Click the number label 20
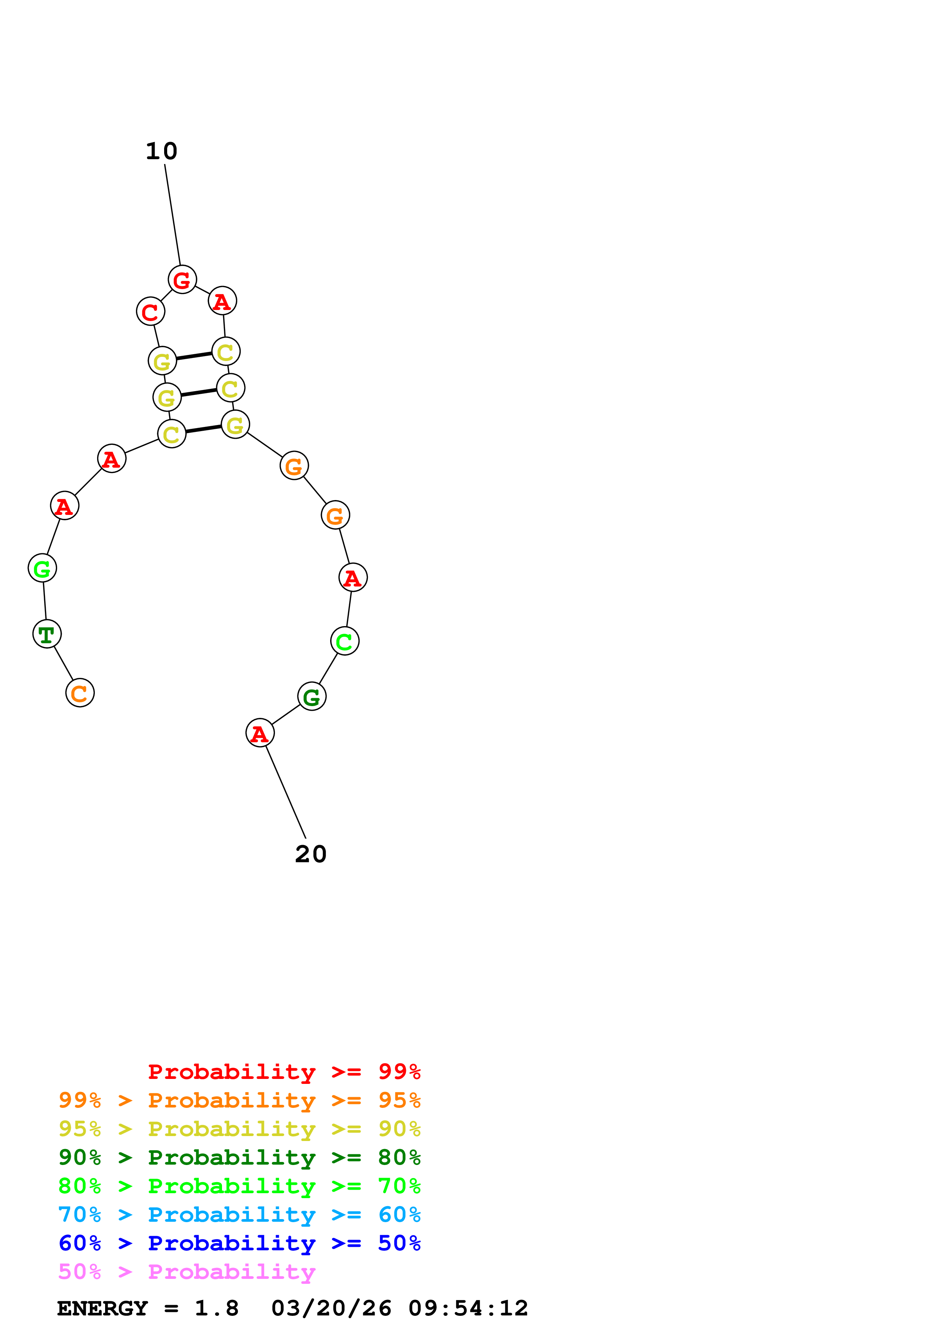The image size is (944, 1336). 311,854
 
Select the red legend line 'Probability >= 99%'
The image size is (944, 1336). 284,1072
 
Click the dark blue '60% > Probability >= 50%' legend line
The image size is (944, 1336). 239,1243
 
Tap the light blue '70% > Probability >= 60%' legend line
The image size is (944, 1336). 239,1215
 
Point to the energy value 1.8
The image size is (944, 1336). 216,1308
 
